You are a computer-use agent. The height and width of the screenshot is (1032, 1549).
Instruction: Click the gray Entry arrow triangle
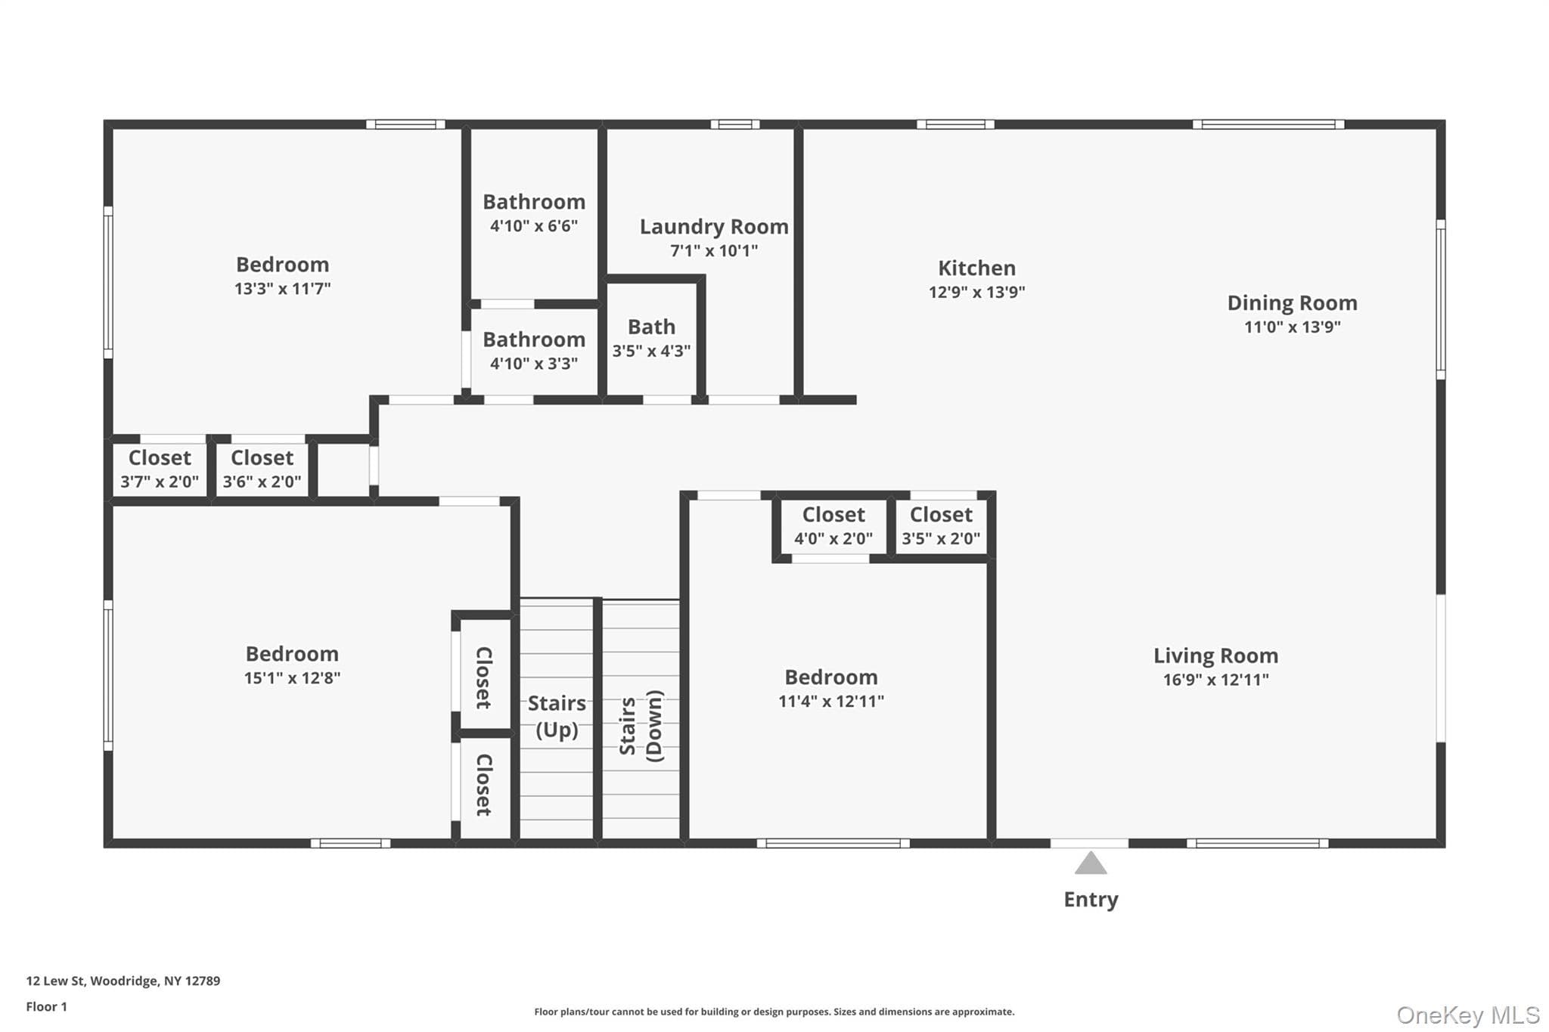pyautogui.click(x=1090, y=863)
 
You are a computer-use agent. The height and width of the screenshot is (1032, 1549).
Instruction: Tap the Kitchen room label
pyautogui.click(x=976, y=268)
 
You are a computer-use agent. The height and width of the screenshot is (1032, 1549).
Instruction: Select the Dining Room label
pyautogui.click(x=1292, y=303)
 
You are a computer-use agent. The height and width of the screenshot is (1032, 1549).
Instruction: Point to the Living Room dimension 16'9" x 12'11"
pyautogui.click(x=1215, y=680)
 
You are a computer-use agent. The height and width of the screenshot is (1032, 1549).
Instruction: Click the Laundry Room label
pyautogui.click(x=714, y=227)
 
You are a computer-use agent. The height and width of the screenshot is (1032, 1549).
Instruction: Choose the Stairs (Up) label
pyautogui.click(x=557, y=716)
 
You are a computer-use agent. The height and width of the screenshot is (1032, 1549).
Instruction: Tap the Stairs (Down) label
pyautogui.click(x=641, y=726)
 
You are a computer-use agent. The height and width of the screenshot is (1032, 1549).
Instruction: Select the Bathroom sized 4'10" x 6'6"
pyautogui.click(x=534, y=214)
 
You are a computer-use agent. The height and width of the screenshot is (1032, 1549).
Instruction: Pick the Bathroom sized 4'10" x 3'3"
pyautogui.click(x=534, y=352)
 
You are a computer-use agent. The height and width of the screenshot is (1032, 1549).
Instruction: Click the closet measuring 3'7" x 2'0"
pyautogui.click(x=160, y=470)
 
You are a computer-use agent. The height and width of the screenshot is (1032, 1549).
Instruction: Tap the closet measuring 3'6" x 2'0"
pyautogui.click(x=262, y=470)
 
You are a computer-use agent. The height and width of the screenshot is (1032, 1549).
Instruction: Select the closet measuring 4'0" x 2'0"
pyautogui.click(x=833, y=526)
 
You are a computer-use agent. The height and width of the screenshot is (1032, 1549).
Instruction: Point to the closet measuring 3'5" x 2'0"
pyautogui.click(x=941, y=526)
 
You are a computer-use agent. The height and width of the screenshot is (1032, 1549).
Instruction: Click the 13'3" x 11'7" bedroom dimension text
pyautogui.click(x=282, y=289)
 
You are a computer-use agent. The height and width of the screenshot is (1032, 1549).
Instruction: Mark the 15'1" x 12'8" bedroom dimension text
pyautogui.click(x=292, y=678)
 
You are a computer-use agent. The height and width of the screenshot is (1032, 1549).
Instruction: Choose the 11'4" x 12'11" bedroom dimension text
pyautogui.click(x=830, y=702)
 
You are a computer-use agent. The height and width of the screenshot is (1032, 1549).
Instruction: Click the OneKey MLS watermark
pyautogui.click(x=1468, y=1015)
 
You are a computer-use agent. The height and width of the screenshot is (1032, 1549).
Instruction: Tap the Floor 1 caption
pyautogui.click(x=46, y=1006)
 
